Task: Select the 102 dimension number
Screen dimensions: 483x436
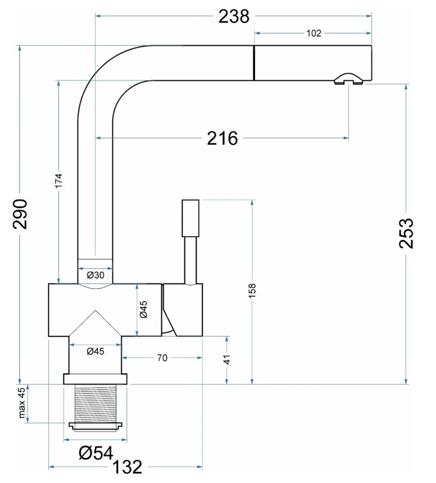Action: pyautogui.click(x=313, y=33)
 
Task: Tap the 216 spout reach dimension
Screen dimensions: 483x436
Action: pyautogui.click(x=222, y=139)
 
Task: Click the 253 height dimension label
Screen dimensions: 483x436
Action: pyautogui.click(x=407, y=233)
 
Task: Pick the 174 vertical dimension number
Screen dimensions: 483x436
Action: pyautogui.click(x=58, y=181)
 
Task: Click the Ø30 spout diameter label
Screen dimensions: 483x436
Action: pyautogui.click(x=95, y=275)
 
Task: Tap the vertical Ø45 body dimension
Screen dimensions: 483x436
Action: pyautogui.click(x=143, y=309)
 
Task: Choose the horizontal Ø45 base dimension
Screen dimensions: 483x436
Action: pyautogui.click(x=95, y=352)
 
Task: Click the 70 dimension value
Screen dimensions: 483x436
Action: pyautogui.click(x=162, y=358)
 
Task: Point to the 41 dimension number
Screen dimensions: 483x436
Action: pyautogui.click(x=227, y=359)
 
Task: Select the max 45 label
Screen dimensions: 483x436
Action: pyautogui.click(x=22, y=403)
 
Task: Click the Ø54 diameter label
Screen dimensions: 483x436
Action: pyautogui.click(x=96, y=453)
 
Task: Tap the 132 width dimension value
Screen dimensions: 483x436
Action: pyautogui.click(x=127, y=468)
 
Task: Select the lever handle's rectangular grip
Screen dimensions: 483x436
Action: pyautogui.click(x=191, y=218)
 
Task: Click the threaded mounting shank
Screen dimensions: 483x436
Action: pyautogui.click(x=95, y=403)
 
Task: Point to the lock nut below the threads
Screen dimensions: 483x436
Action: pyautogui.click(x=95, y=426)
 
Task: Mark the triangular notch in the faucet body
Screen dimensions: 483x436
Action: pyautogui.click(x=95, y=323)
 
